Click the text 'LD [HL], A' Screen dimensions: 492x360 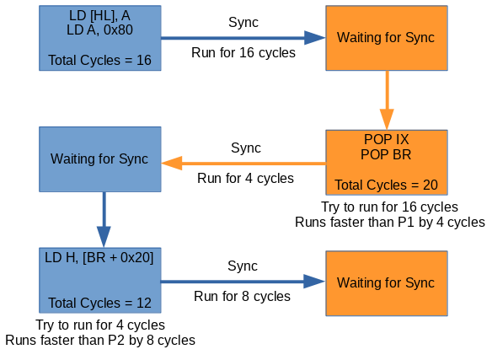tap(99, 15)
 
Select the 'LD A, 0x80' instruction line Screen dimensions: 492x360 tap(99, 30)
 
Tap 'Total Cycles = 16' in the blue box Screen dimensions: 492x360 tap(99, 60)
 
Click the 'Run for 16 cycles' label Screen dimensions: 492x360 tap(243, 52)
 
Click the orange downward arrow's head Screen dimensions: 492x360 tap(387, 120)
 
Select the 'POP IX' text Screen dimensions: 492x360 tap(386, 139)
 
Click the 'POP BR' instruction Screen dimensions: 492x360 tap(386, 154)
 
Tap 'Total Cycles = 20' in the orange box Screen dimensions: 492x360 tap(386, 185)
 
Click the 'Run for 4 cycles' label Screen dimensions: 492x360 tap(245, 178)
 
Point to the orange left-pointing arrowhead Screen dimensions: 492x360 tap(172, 164)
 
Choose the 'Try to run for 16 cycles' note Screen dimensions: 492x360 tap(390, 207)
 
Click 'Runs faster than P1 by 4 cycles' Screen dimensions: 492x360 tap(390, 222)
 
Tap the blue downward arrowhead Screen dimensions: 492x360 tap(104, 237)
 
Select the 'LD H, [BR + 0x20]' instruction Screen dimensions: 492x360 tap(99, 258)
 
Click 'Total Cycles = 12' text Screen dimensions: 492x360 tap(99, 303)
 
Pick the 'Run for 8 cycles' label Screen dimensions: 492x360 tap(243, 296)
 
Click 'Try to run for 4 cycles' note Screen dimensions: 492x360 tap(100, 325)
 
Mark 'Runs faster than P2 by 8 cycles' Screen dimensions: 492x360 tap(100, 341)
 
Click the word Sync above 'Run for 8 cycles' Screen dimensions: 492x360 tap(243, 266)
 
